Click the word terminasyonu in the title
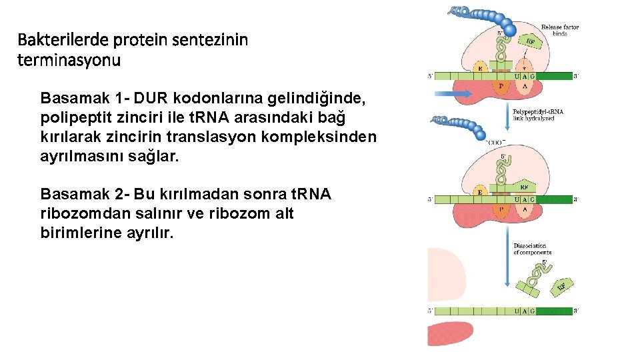coord(69,61)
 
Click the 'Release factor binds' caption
coord(559,31)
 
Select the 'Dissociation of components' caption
coord(532,249)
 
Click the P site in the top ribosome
coord(501,86)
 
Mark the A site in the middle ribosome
coord(524,209)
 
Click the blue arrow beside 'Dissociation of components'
coord(507,257)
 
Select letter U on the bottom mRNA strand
coord(518,311)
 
